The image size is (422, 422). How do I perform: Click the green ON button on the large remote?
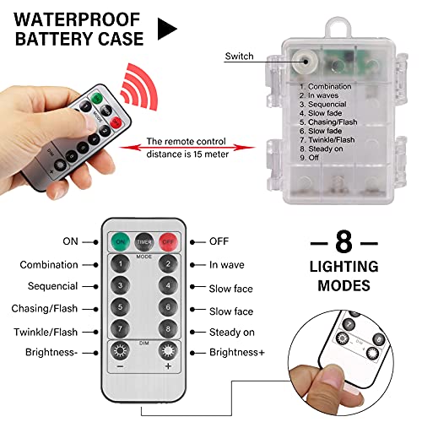[120, 240]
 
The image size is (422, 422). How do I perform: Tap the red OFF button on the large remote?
[168, 240]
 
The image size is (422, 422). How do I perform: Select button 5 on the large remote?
[120, 307]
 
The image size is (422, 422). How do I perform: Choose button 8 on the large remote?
[168, 329]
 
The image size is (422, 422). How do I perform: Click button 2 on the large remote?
[168, 263]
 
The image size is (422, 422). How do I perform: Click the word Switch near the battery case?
[239, 57]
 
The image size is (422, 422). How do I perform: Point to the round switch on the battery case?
[300, 56]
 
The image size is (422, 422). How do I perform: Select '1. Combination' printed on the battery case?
[325, 86]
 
